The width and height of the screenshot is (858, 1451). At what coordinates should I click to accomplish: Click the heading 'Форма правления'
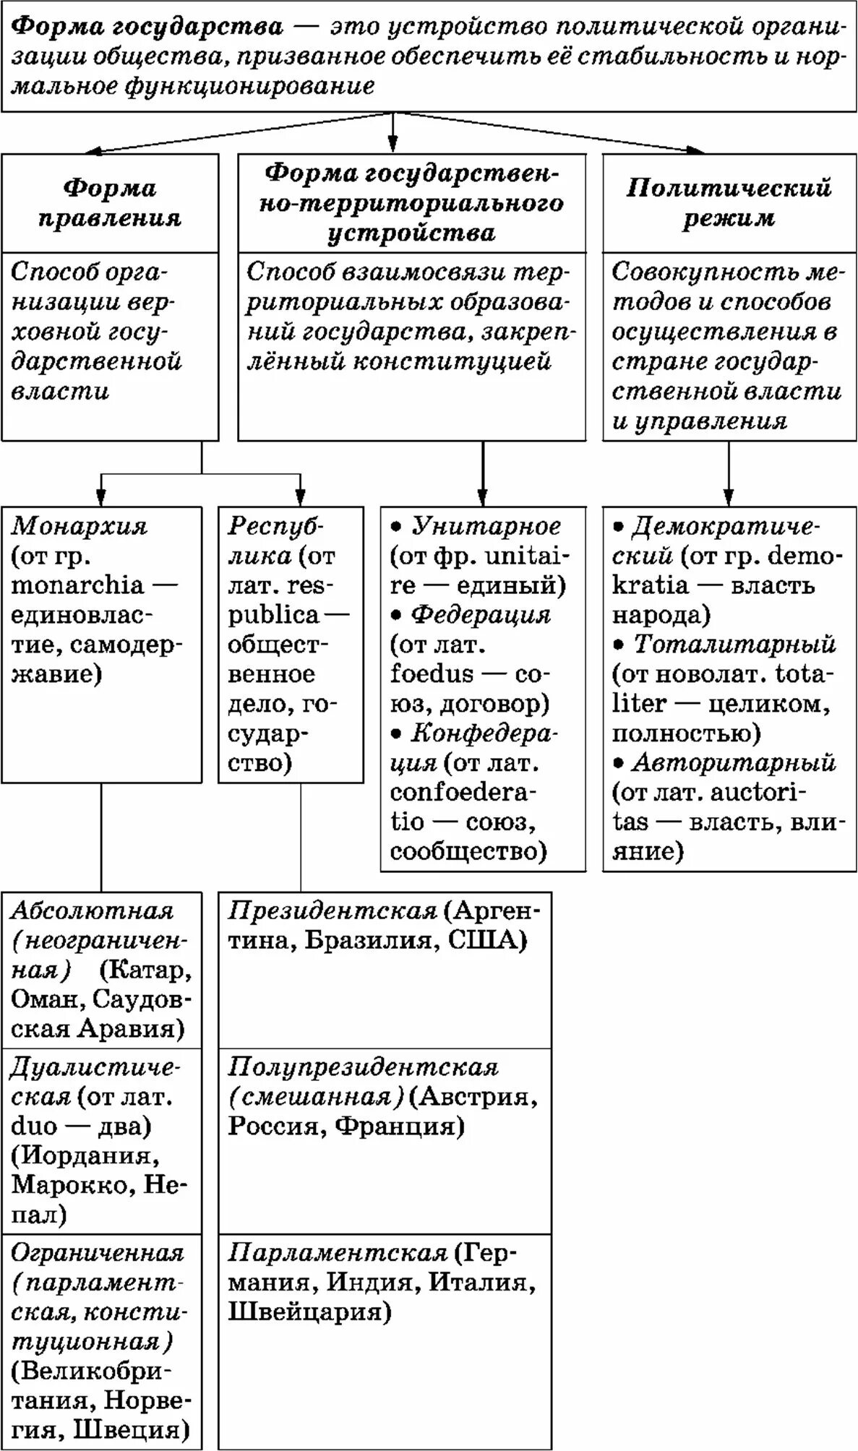[109, 203]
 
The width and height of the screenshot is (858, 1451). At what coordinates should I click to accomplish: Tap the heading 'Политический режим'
[729, 203]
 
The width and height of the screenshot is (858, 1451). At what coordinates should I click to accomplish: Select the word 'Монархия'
[79, 526]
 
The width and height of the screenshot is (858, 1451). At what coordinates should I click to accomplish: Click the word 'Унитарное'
[486, 526]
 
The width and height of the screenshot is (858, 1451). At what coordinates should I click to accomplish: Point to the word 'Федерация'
[481, 615]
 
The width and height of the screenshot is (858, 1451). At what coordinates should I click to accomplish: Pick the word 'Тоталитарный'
[734, 644]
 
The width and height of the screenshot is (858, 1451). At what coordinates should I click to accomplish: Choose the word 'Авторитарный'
[734, 762]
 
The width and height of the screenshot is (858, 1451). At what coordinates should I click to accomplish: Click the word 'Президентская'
[333, 910]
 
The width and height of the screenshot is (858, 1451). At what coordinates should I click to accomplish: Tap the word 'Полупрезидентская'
[363, 1067]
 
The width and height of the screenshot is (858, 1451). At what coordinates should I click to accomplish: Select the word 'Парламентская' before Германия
[338, 1252]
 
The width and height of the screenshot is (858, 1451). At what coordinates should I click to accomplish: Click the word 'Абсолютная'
[92, 910]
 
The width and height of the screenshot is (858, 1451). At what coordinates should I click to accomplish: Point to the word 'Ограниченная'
[97, 1252]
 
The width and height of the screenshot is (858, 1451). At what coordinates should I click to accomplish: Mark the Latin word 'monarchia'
[78, 585]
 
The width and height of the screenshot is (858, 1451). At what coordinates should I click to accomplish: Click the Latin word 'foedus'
[432, 674]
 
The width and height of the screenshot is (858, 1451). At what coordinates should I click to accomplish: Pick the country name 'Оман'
[44, 999]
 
